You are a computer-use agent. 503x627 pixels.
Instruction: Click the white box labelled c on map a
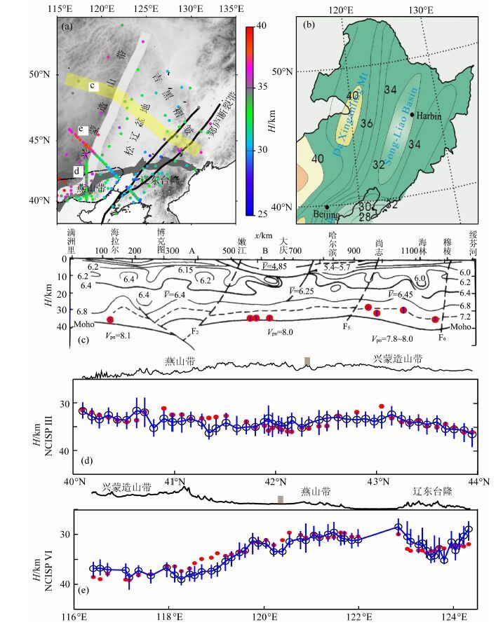[x=92, y=85]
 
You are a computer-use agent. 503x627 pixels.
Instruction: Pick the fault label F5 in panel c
[x=347, y=327]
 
